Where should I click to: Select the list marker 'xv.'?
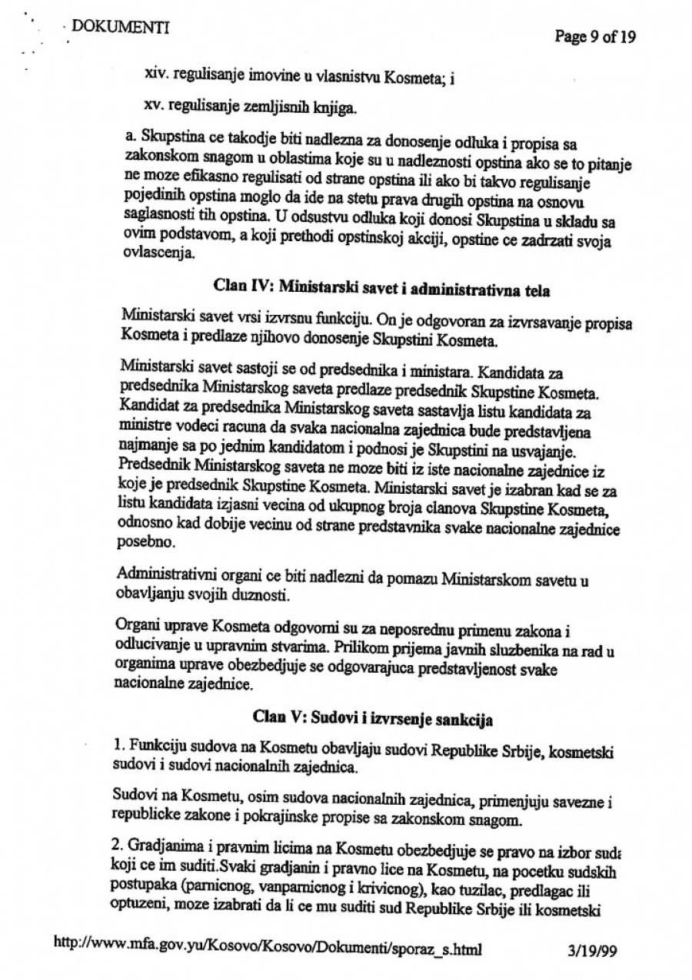pos(154,108)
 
